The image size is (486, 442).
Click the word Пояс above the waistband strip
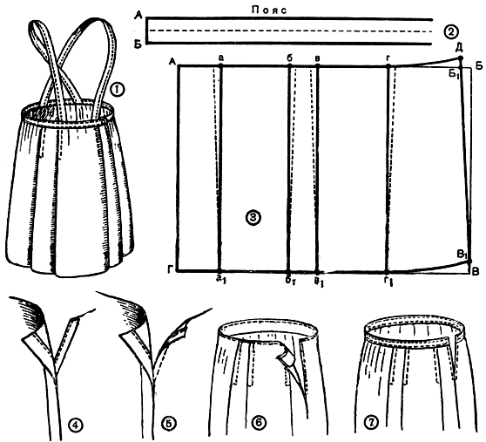pyautogui.click(x=269, y=10)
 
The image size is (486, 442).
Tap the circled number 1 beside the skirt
pyautogui.click(x=118, y=90)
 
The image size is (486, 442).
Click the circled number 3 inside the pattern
pyautogui.click(x=253, y=218)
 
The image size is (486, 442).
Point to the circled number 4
pyautogui.click(x=76, y=425)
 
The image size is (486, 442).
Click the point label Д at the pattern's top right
pyautogui.click(x=459, y=49)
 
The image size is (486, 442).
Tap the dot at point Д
pyautogui.click(x=460, y=58)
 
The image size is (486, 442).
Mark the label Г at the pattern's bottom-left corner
pyautogui.click(x=171, y=270)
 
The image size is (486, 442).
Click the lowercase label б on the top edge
pyautogui.click(x=290, y=58)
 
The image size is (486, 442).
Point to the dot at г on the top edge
pyautogui.click(x=388, y=65)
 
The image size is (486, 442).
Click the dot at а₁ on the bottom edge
pyautogui.click(x=219, y=270)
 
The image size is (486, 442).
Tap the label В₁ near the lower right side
pyautogui.click(x=462, y=255)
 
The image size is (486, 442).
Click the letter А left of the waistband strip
pyautogui.click(x=138, y=16)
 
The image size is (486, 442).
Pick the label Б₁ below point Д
pyautogui.click(x=455, y=75)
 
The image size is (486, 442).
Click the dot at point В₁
pyautogui.click(x=469, y=262)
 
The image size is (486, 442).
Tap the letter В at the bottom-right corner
pyautogui.click(x=476, y=272)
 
